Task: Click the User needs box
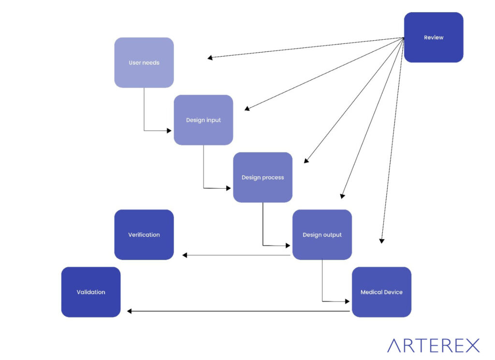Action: coord(144,62)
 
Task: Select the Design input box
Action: coord(204,120)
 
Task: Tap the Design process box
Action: coord(262,177)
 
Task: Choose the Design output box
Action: coord(322,235)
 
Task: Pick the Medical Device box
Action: coord(381,292)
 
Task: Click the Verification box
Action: coord(144,235)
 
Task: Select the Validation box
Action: coord(91,292)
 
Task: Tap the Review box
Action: coord(434,37)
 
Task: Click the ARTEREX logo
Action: coord(433,345)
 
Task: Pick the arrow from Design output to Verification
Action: coord(237,255)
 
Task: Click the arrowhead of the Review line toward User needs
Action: coord(210,58)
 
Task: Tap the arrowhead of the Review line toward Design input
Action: coord(247,109)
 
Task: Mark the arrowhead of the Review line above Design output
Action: coord(342,196)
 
